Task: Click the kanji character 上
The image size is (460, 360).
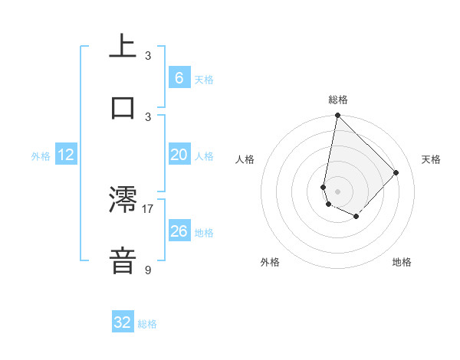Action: [123, 45]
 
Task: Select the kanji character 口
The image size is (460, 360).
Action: [123, 107]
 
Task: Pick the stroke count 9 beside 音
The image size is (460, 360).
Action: [148, 270]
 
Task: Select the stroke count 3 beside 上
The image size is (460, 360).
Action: [148, 55]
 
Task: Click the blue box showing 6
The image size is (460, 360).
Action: [179, 77]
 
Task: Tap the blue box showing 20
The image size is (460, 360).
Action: [179, 155]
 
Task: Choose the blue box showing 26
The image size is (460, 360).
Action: [179, 231]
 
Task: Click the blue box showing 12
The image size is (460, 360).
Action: [66, 155]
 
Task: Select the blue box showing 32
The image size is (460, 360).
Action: [123, 322]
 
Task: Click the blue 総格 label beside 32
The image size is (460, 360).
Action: [147, 324]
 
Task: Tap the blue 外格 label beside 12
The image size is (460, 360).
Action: [41, 156]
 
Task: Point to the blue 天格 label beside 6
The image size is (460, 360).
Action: [204, 80]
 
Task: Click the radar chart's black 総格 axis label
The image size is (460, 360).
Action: [338, 100]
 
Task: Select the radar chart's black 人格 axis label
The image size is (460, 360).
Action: [245, 159]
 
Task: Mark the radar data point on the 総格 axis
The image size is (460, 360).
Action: [337, 116]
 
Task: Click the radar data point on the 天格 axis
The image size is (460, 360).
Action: [396, 172]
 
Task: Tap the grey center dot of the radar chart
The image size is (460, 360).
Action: [337, 191]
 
